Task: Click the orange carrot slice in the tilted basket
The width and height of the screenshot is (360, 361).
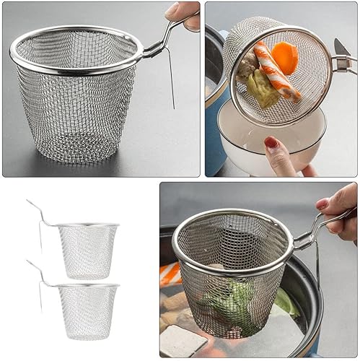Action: [x=285, y=57]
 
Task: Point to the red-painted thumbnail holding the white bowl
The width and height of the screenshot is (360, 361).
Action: [x=272, y=143]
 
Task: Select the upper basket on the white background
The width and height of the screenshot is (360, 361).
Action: [x=87, y=249]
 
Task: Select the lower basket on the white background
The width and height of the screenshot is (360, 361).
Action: [x=87, y=310]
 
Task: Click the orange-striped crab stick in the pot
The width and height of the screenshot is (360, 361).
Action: [x=170, y=274]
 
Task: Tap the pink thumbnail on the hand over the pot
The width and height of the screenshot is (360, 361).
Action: [x=322, y=204]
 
